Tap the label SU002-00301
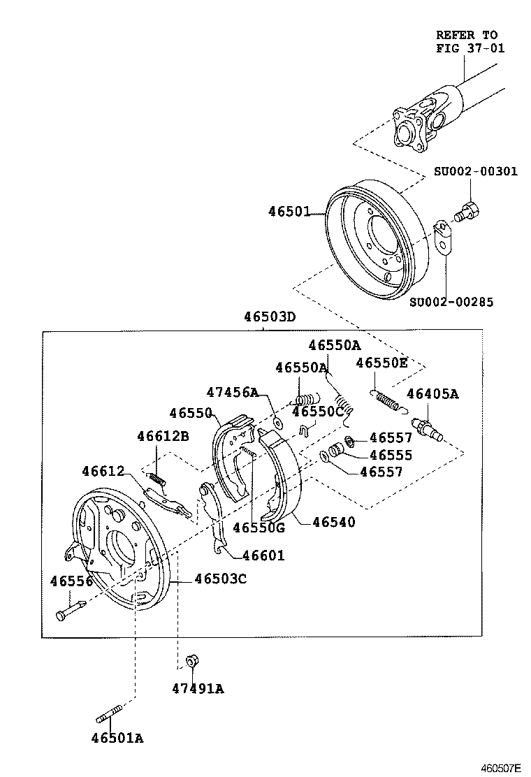pos(475,171)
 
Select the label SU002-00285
pos(451,302)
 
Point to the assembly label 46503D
pos(270,317)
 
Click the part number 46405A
pos(432,394)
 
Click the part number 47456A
pos(233,392)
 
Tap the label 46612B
pos(163,436)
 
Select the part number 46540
pos(333,521)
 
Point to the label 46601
pos(263,556)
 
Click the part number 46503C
pos(220,579)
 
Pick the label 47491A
pos(198,688)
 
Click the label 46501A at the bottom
pos(117,738)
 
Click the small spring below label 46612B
pos(159,477)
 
